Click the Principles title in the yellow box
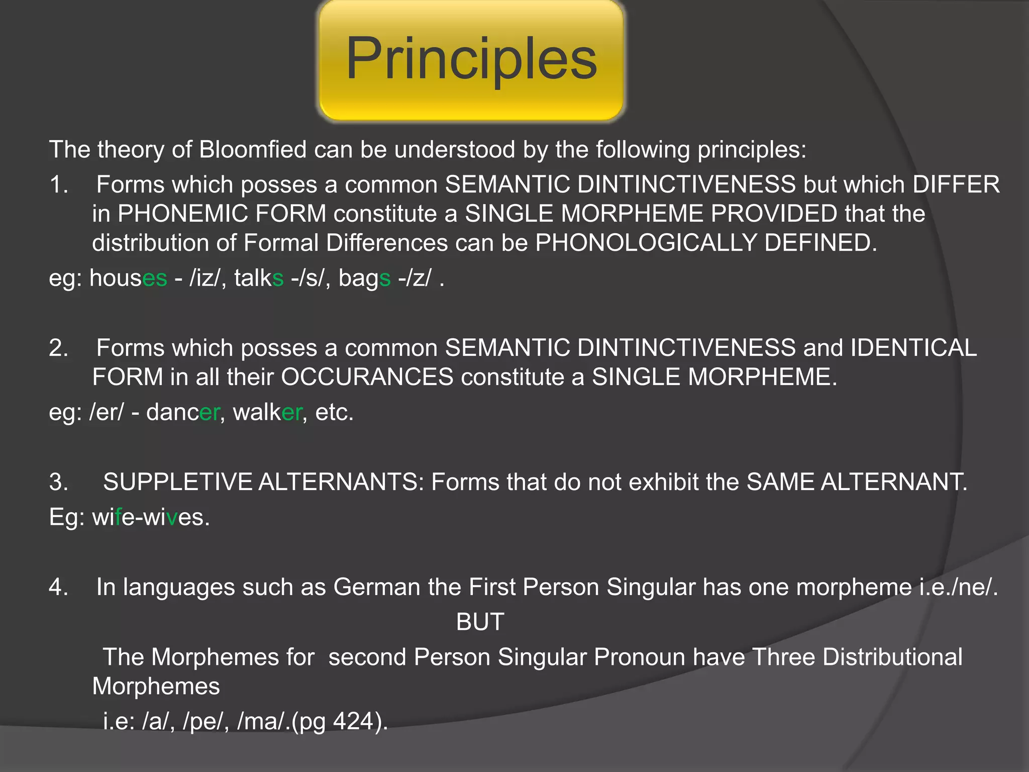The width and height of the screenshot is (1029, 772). [x=471, y=59]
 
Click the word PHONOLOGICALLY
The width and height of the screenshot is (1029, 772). [x=646, y=243]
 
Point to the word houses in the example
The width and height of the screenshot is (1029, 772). [x=128, y=278]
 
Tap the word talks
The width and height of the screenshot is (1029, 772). [x=259, y=278]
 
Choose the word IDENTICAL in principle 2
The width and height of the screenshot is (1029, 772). [x=913, y=348]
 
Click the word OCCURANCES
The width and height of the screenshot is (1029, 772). [x=367, y=377]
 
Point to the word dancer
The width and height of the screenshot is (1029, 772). [x=182, y=412]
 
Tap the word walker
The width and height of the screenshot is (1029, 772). [x=267, y=412]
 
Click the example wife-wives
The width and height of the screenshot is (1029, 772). [x=151, y=517]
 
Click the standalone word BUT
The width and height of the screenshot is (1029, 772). [x=480, y=622]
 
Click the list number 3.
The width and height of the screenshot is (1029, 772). [x=58, y=482]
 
